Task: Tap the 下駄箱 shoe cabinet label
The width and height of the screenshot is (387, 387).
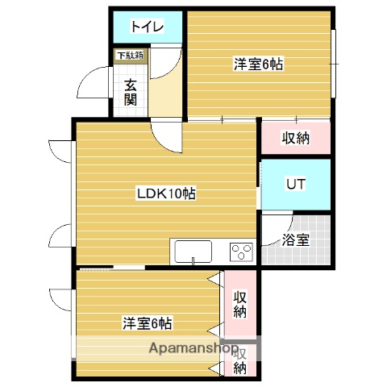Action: (129, 56)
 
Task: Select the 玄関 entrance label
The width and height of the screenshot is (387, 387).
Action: (131, 92)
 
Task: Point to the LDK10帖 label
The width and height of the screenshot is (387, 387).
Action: (166, 193)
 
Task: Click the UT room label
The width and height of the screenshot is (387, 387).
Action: (296, 184)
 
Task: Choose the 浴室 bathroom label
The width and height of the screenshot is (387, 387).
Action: (295, 239)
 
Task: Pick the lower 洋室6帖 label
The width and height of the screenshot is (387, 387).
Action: (148, 323)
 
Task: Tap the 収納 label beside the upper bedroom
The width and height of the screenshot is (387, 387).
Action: (296, 138)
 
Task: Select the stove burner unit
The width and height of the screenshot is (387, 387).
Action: (241, 252)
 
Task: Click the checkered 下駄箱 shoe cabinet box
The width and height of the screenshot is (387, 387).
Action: (129, 64)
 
